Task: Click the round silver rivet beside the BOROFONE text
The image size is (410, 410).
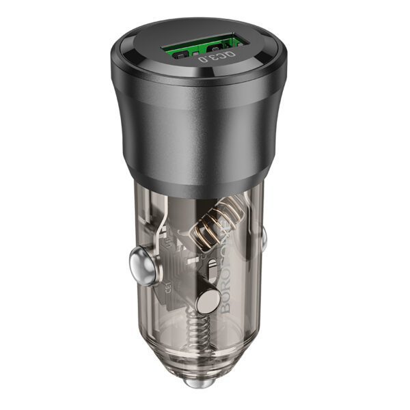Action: [x=205, y=301]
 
